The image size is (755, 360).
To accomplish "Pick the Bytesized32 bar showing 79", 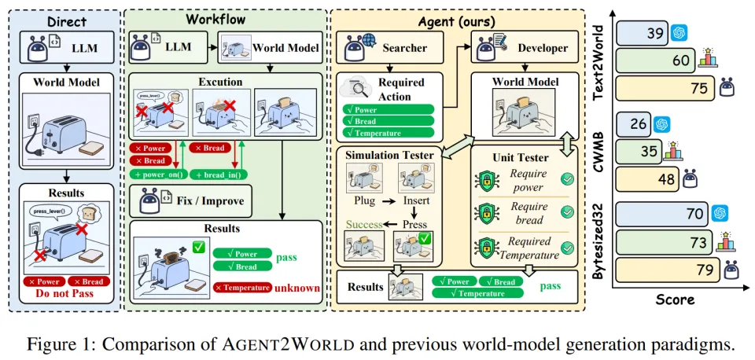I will click(705, 270).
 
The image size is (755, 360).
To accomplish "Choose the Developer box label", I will click(542, 48).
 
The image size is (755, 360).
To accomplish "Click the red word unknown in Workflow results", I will click(296, 288).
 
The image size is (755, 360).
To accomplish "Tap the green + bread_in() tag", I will click(215, 174).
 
